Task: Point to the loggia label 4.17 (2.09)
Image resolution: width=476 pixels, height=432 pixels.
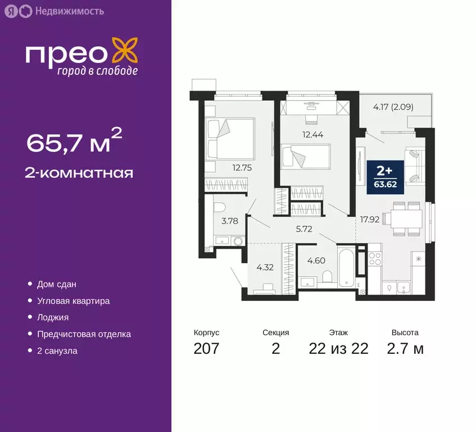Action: click(x=393, y=105)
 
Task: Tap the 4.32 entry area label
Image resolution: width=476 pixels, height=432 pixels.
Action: click(x=265, y=267)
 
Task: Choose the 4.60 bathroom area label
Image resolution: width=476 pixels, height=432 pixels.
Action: click(x=316, y=260)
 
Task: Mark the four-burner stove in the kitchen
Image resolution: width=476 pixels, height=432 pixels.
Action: click(x=374, y=259)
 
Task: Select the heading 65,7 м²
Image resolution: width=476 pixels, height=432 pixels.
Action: click(x=74, y=142)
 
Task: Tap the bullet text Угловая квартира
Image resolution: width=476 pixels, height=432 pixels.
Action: click(x=73, y=301)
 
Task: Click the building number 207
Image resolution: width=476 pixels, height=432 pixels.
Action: click(x=206, y=349)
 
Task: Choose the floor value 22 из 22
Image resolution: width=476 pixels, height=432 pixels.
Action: click(x=338, y=349)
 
